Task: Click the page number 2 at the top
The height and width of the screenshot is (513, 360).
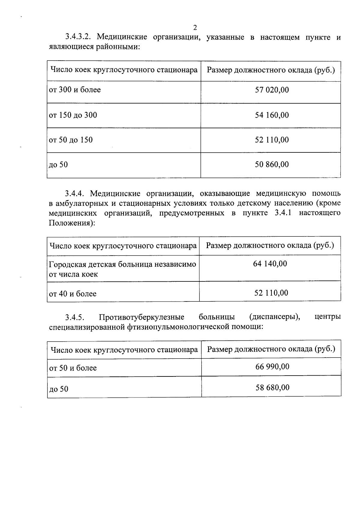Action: click(195, 28)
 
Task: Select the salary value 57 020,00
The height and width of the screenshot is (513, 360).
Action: click(272, 90)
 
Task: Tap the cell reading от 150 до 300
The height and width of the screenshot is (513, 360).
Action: click(73, 115)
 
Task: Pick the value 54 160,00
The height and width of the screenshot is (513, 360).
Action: click(272, 115)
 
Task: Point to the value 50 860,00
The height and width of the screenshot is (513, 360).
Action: click(272, 164)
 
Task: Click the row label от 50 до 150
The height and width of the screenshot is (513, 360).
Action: click(71, 140)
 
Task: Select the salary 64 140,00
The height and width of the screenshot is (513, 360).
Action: click(270, 264)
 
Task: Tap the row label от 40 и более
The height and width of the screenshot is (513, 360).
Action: click(73, 294)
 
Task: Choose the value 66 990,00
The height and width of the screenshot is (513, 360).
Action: click(272, 367)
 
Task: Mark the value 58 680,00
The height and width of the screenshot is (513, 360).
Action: click(272, 388)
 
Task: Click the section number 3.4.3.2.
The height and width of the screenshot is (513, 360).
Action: click(78, 37)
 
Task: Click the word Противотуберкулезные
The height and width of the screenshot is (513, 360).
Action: click(142, 317)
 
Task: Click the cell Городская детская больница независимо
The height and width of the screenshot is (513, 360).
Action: click(122, 264)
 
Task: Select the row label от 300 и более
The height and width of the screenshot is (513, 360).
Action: click(75, 90)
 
